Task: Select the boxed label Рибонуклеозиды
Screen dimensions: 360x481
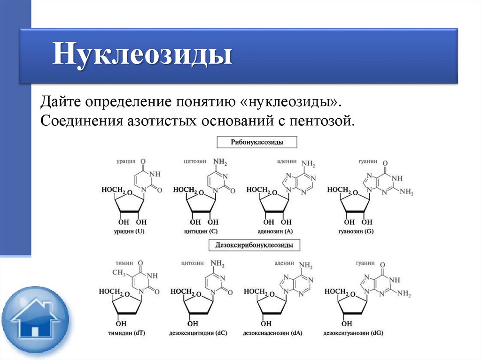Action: tap(256, 141)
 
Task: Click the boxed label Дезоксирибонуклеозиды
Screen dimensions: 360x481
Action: tap(254, 245)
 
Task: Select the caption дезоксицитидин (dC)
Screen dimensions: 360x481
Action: tap(198, 333)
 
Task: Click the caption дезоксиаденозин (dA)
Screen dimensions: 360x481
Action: tap(272, 333)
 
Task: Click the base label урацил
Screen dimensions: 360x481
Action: tap(125, 161)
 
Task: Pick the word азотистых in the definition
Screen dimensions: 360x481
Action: tap(161, 122)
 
